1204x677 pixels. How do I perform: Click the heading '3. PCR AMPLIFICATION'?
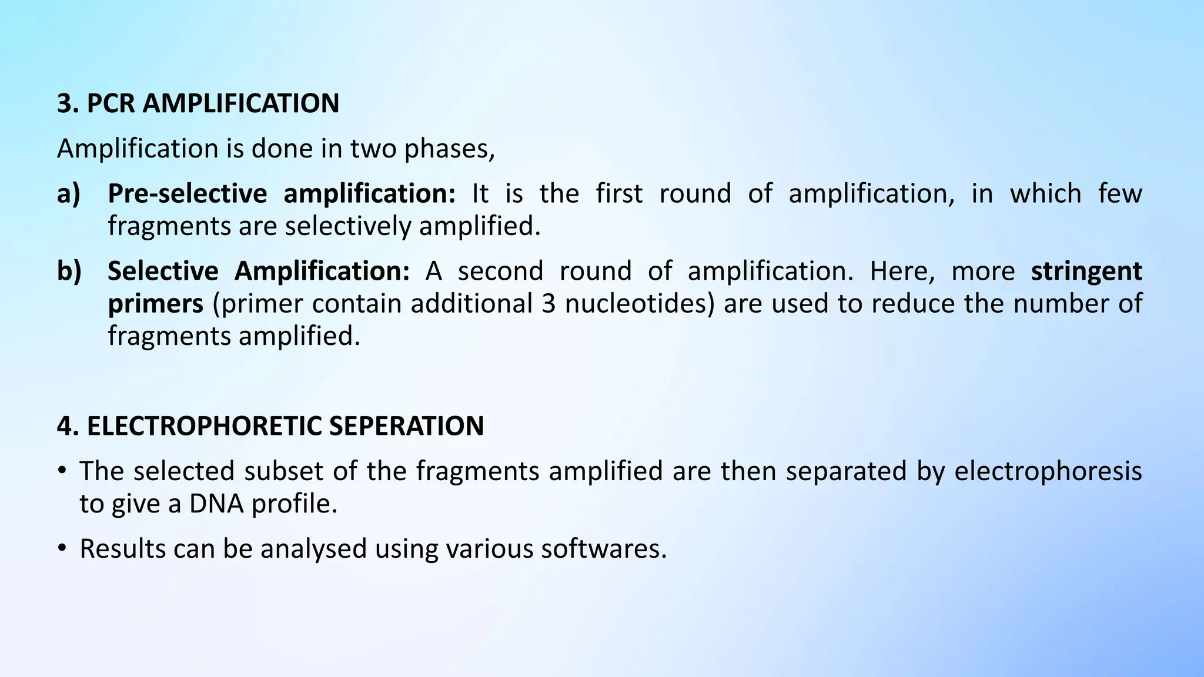click(x=198, y=103)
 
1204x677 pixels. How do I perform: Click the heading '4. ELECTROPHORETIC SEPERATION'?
click(x=270, y=426)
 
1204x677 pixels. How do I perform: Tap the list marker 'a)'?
click(x=69, y=194)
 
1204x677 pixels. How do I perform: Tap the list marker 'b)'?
click(x=69, y=272)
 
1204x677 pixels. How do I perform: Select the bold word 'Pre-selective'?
click(x=187, y=194)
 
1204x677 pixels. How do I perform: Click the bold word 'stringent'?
click(x=1086, y=272)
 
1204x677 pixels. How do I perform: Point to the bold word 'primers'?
click(x=155, y=304)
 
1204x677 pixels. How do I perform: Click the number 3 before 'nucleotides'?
click(x=549, y=304)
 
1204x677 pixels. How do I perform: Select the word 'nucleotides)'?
click(x=640, y=304)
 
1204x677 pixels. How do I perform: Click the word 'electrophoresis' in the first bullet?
click(x=1048, y=471)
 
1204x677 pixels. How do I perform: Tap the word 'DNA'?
click(x=216, y=504)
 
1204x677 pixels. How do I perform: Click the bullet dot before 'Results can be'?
click(x=62, y=549)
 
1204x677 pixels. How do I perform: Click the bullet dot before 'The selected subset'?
click(x=62, y=471)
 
